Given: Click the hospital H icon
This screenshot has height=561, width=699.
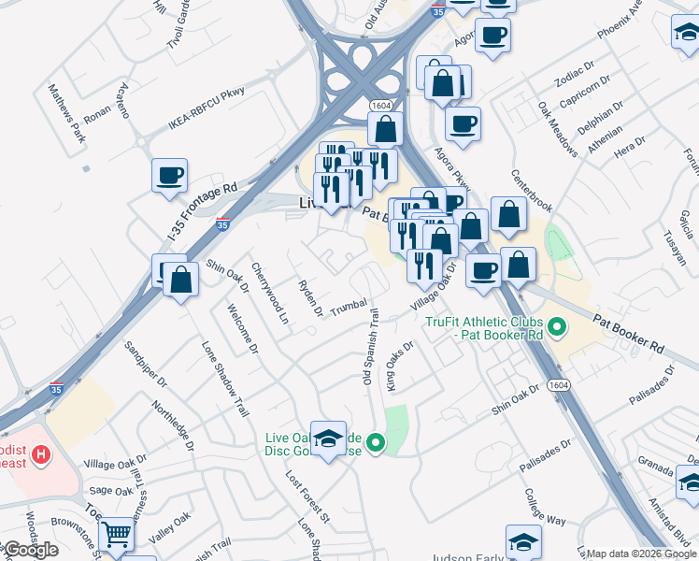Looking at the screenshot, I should (41, 455).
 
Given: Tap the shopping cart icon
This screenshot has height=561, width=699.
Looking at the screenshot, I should (116, 534).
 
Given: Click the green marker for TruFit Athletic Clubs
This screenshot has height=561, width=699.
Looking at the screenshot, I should (557, 327).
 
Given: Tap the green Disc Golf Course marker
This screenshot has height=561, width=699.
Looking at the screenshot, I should (376, 443).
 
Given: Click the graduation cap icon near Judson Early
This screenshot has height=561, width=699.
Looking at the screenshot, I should (523, 541).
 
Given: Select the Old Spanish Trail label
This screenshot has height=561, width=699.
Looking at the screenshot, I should (370, 346).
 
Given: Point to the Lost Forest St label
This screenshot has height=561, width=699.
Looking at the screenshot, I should (308, 496).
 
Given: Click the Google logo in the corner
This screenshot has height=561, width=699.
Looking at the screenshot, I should (30, 550).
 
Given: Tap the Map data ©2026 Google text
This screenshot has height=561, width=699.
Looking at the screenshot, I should (641, 554).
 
